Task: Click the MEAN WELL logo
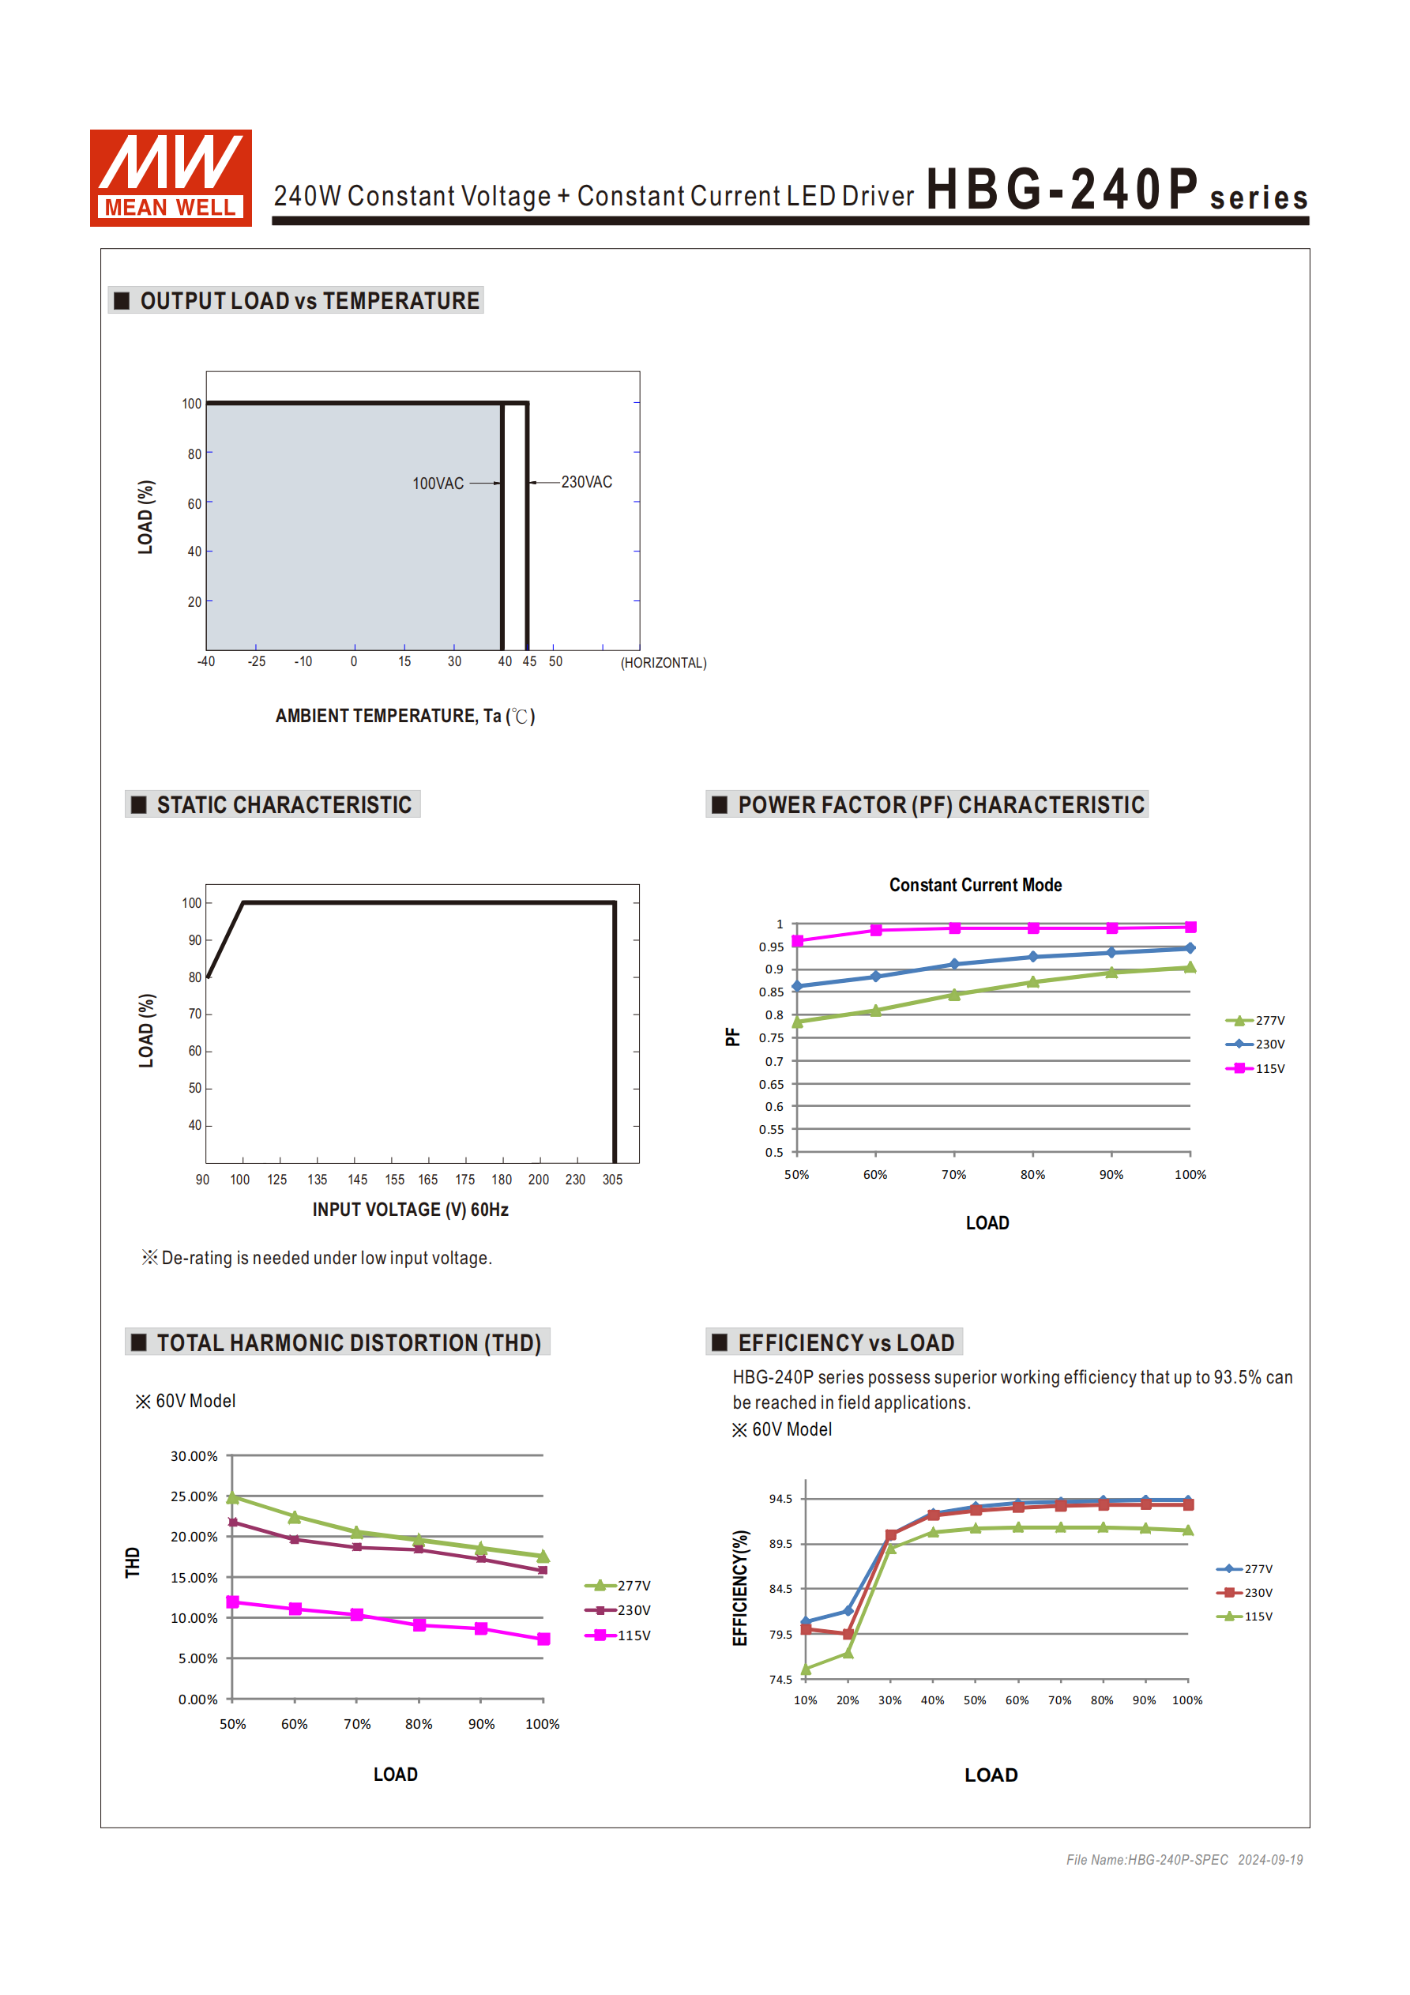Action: (x=171, y=177)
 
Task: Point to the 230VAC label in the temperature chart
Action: (x=586, y=482)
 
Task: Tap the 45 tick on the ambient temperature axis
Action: (x=529, y=661)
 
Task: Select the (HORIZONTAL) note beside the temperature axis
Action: (x=663, y=663)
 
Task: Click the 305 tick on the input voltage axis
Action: (x=612, y=1179)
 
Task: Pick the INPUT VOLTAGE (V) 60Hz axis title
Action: (x=410, y=1210)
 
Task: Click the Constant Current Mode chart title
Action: (x=975, y=885)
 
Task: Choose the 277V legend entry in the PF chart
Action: (x=1255, y=1020)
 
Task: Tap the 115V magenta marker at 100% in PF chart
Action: (x=1190, y=927)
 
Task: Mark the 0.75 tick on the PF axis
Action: (x=772, y=1037)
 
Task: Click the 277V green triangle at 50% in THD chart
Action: (x=233, y=1497)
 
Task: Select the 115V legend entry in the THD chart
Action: (x=618, y=1636)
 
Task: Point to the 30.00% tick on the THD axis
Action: (x=194, y=1456)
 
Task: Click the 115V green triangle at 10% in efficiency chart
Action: (x=806, y=1668)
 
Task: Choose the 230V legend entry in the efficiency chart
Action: (x=1245, y=1593)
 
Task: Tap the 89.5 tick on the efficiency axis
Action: (x=780, y=1544)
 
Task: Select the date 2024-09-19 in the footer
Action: (x=1270, y=1859)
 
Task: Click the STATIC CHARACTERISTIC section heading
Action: (x=284, y=804)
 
